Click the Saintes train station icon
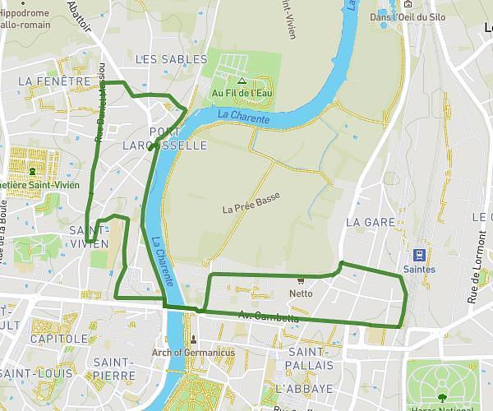coord(419,254)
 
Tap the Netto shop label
coord(302,293)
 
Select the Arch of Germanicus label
coord(194,353)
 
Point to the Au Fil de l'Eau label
coord(242,93)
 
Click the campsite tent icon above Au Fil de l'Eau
coord(242,81)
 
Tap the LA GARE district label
coord(370,222)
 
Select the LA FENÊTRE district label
coord(53,81)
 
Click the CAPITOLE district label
coord(59,339)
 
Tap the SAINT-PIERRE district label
coord(114,368)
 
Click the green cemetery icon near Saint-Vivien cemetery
coord(32,172)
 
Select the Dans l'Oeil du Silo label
coord(408,17)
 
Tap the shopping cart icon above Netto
coord(301,280)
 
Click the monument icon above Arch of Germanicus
coord(194,339)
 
